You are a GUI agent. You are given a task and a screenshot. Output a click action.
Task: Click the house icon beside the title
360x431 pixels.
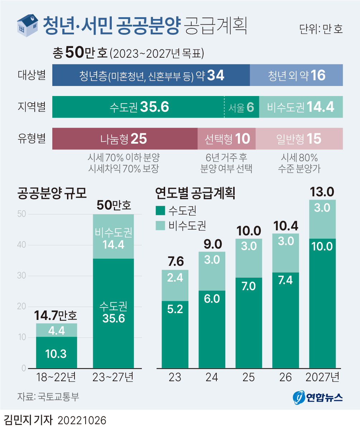click(28, 25)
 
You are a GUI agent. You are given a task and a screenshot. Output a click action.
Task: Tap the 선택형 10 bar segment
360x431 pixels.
click(227, 139)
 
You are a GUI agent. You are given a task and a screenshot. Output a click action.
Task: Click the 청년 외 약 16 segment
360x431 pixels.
click(297, 75)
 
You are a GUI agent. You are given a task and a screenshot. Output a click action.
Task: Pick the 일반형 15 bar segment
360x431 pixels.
click(299, 139)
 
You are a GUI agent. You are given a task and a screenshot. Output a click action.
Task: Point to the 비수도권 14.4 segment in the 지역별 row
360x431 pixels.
click(301, 107)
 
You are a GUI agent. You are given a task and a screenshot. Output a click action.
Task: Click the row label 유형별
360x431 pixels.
click(32, 138)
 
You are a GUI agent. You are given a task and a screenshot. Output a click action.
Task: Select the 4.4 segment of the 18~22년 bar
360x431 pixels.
click(56, 330)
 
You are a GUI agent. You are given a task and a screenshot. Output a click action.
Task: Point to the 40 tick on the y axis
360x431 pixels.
click(21, 245)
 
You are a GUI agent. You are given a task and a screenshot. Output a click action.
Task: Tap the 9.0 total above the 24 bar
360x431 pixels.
click(211, 244)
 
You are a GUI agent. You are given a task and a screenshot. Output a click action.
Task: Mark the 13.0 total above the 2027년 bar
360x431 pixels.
click(322, 192)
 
